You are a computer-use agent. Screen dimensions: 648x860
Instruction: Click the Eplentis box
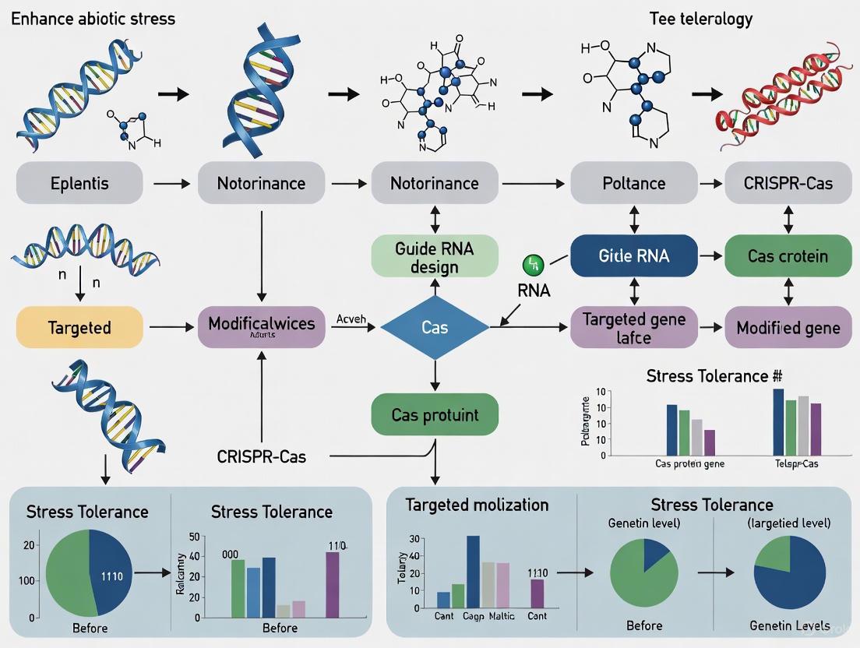coord(79,184)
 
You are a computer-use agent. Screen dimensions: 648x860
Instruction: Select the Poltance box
coord(633,184)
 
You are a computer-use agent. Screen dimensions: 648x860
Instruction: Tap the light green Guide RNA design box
coord(435,257)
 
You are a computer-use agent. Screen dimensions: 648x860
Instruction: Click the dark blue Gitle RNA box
coord(633,256)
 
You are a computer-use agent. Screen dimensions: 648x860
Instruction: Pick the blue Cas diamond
coord(435,328)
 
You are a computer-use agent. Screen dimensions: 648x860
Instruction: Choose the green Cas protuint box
coord(435,414)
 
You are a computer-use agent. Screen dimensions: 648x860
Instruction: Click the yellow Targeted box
coord(79,327)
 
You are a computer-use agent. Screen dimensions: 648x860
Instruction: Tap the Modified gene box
coord(788,327)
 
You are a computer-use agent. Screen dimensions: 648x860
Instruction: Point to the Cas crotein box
coord(788,256)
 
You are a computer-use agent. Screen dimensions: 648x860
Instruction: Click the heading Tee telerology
coord(701,19)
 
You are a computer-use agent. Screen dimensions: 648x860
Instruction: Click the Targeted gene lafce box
coord(633,327)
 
